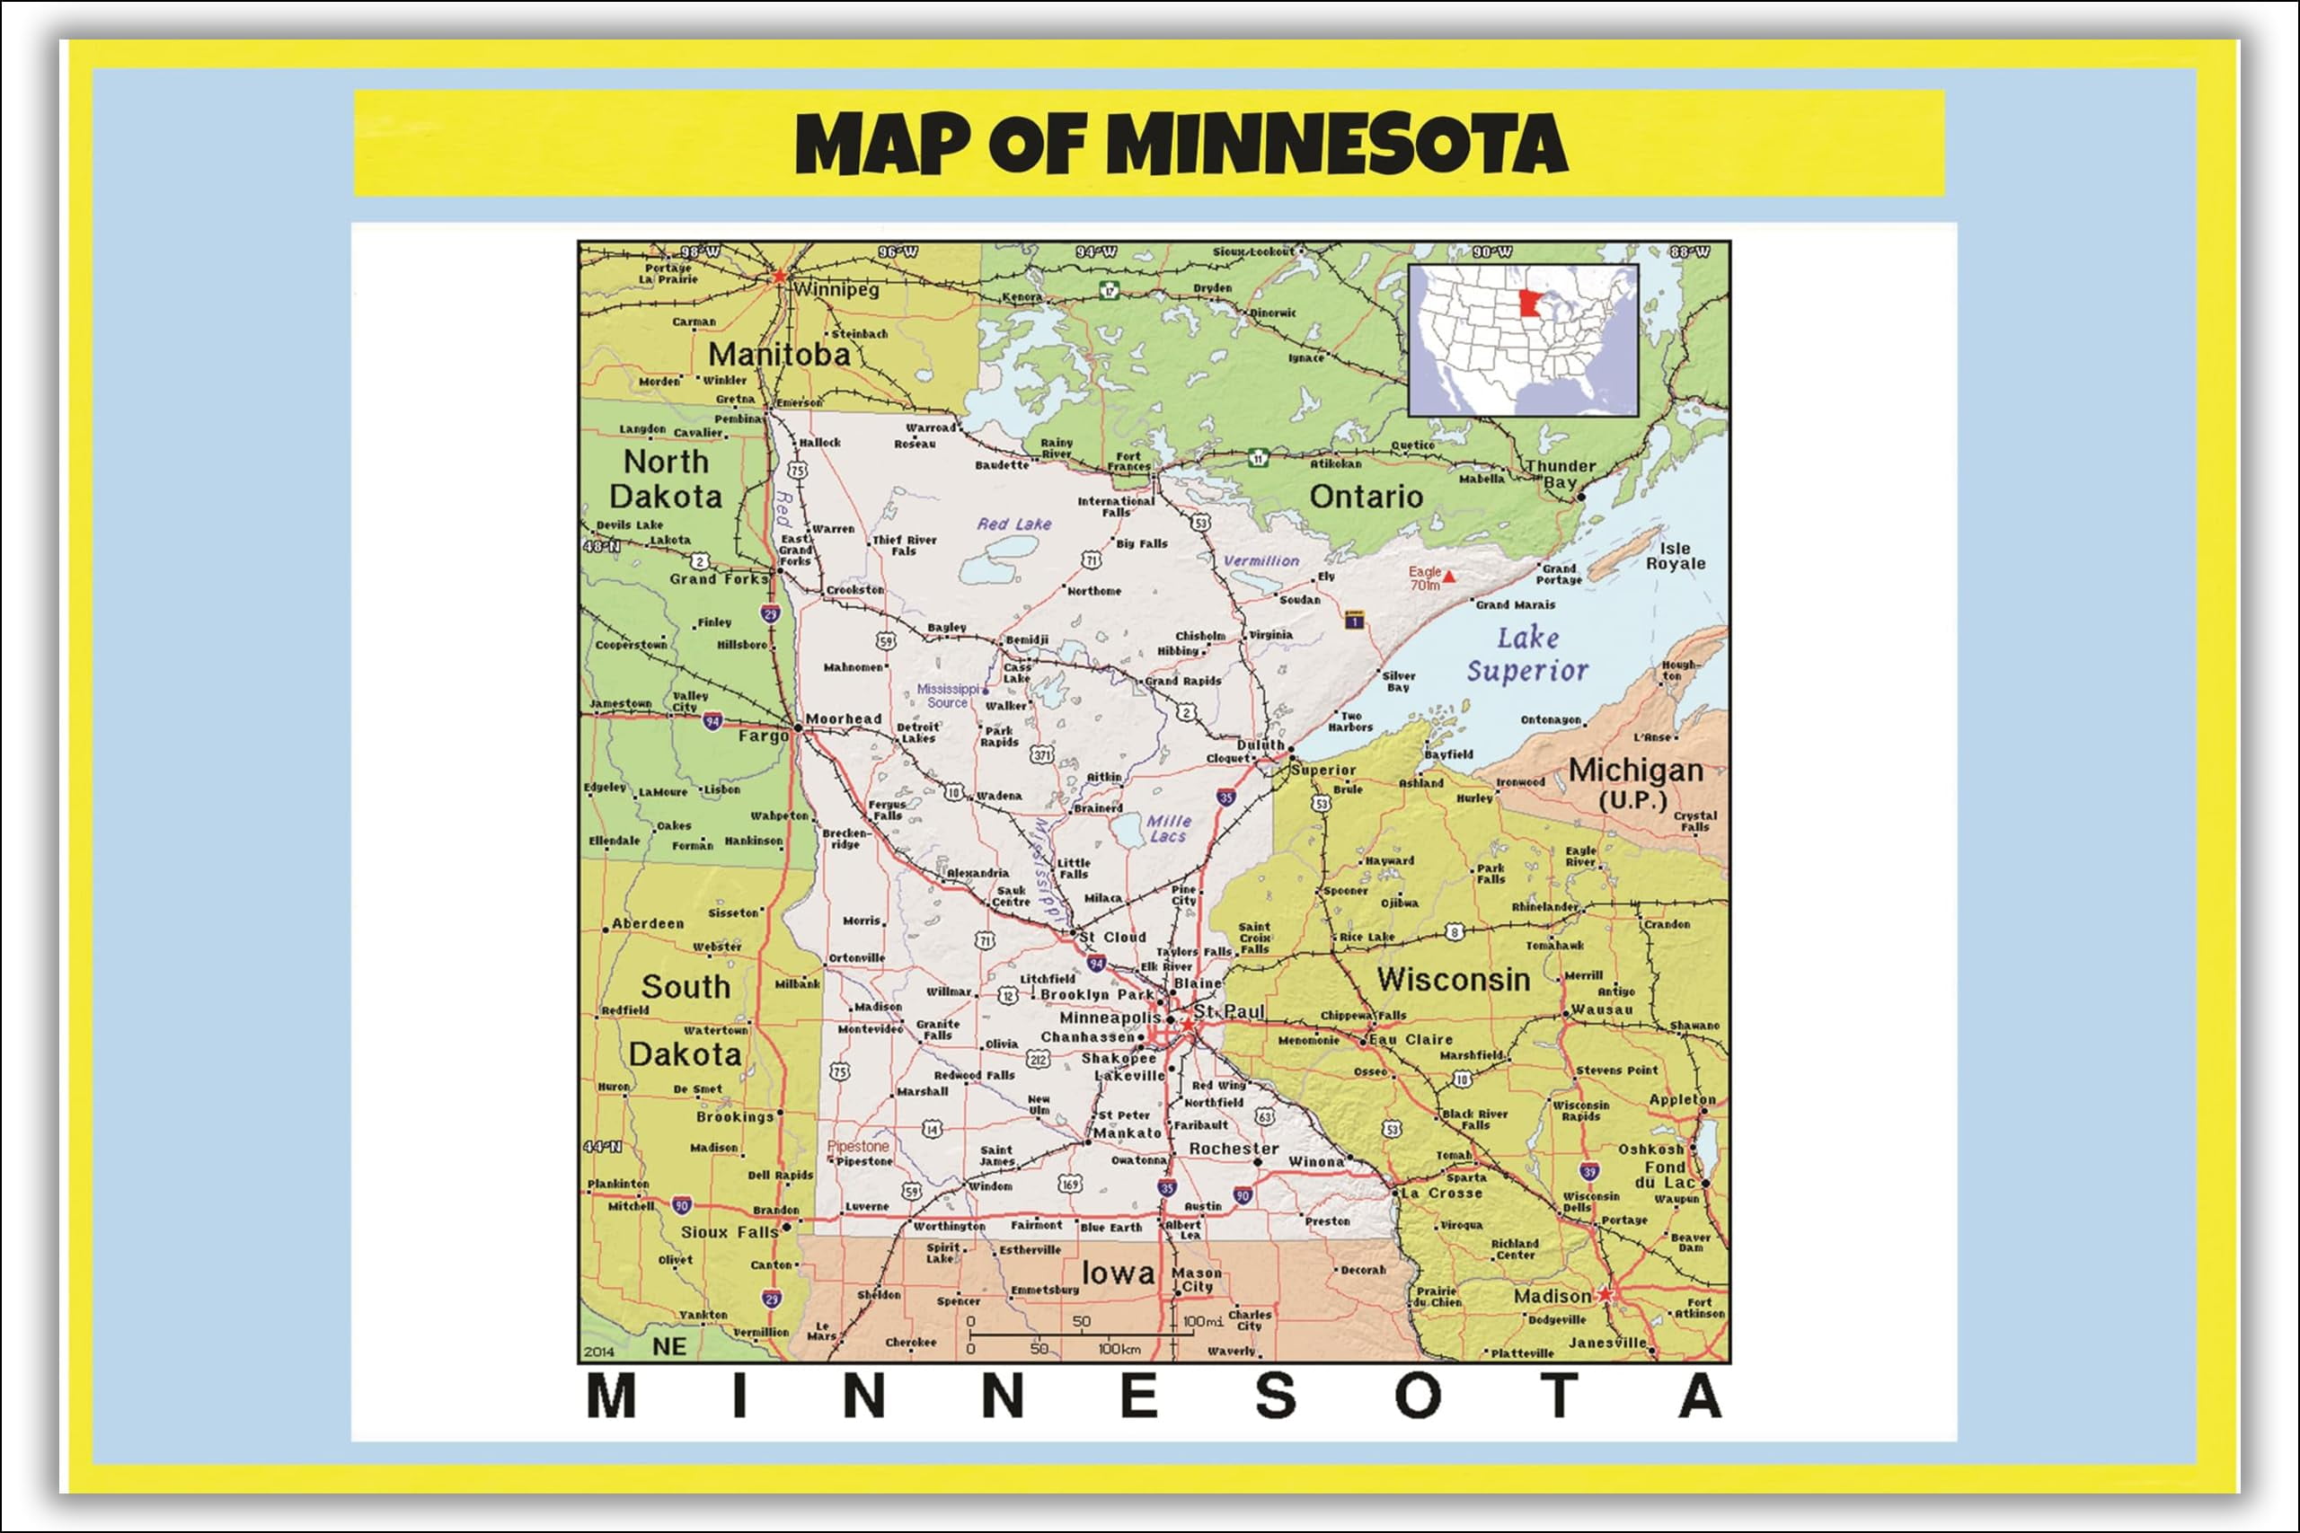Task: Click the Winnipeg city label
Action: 836,289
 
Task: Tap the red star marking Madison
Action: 1605,1293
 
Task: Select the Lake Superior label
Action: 1526,654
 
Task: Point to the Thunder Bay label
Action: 1560,474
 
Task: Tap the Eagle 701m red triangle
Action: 1449,577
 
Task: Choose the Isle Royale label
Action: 1675,556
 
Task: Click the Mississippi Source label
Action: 948,695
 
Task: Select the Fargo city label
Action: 763,736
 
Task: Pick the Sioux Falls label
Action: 730,1232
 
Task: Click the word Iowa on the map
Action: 1118,1273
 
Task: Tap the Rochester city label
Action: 1234,1149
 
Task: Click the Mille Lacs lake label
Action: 1169,829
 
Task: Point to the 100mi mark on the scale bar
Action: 1201,1322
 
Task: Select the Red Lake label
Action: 1014,524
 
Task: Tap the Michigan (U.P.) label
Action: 1635,783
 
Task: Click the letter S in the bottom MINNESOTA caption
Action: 1275,1396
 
